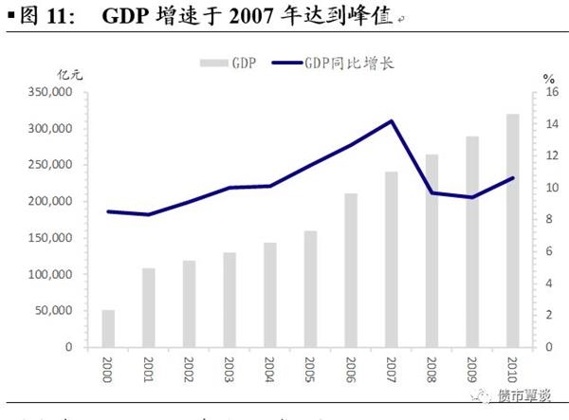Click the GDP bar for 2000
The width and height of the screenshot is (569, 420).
coord(108,328)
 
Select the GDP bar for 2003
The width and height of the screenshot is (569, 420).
coord(229,300)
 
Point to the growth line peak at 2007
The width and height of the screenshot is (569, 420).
coord(392,120)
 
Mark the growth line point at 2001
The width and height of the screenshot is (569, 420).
coord(148,214)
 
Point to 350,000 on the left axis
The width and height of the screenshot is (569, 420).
coord(54,92)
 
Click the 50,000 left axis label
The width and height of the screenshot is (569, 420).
coord(57,311)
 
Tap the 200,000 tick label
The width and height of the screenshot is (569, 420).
coord(54,201)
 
